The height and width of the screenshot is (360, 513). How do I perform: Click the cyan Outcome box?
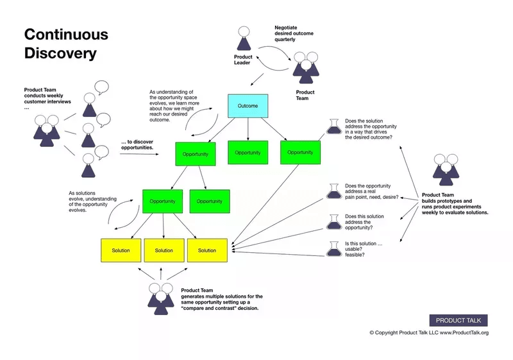point(248,106)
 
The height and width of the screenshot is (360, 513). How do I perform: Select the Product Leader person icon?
point(243,39)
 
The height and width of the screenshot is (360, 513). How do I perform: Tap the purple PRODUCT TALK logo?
point(458,320)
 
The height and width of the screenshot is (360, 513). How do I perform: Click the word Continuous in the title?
point(66,35)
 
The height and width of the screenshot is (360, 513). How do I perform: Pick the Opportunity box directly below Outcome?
point(248,153)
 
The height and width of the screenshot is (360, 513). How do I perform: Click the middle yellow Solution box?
point(164,250)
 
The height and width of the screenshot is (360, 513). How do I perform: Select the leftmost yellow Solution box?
point(121,250)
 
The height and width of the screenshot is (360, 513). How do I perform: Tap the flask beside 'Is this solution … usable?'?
point(333,248)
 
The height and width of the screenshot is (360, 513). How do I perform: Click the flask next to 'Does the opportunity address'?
point(333,191)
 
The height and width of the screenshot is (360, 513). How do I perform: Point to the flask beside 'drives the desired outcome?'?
point(333,126)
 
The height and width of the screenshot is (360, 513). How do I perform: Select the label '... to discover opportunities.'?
point(137,144)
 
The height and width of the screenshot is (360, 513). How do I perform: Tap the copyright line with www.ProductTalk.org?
point(428,332)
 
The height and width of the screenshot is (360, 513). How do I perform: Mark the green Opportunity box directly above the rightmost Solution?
point(210,201)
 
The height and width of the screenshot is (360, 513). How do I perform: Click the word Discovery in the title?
point(60,53)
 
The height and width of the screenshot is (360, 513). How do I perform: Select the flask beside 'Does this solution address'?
point(333,221)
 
